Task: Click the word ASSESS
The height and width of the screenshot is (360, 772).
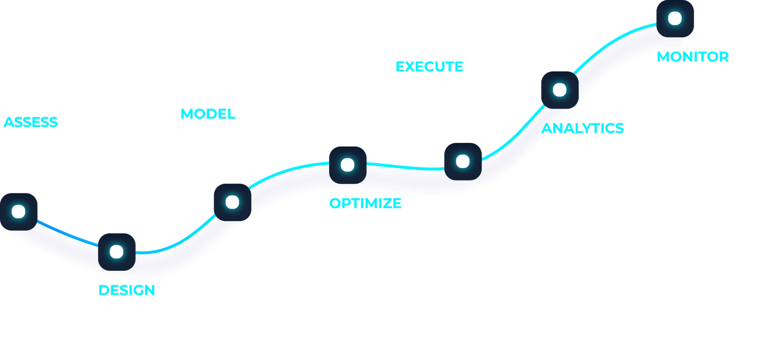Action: (x=31, y=122)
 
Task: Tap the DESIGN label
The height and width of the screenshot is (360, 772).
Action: (x=127, y=290)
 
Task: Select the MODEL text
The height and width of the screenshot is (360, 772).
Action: (x=208, y=114)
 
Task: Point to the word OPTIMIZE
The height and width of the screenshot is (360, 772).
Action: (x=365, y=203)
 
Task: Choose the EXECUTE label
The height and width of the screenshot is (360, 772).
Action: (x=429, y=67)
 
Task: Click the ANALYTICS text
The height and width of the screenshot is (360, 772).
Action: (x=583, y=128)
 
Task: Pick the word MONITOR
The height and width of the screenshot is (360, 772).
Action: (x=693, y=56)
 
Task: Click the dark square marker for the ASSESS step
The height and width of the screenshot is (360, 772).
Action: (x=19, y=212)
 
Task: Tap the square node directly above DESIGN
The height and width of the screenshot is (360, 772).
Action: (x=117, y=252)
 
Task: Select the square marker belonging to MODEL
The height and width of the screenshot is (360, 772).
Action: (x=233, y=202)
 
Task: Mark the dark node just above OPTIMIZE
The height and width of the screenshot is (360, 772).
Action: (x=348, y=165)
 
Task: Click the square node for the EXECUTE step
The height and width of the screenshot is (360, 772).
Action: (x=463, y=162)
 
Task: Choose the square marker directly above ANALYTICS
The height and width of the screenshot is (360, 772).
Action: (x=560, y=90)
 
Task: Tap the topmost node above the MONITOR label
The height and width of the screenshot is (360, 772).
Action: (x=675, y=19)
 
